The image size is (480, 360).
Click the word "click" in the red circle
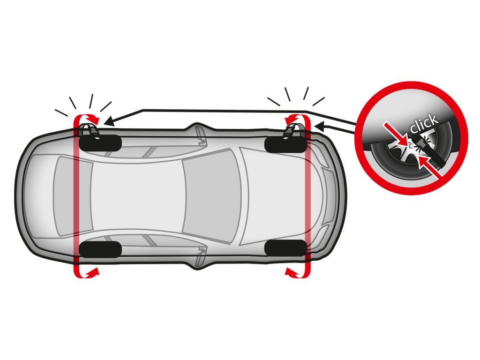(x=424, y=123)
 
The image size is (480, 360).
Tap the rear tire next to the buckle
(x=100, y=142)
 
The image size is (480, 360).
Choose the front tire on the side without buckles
(x=285, y=248)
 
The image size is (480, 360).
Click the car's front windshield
(x=211, y=196)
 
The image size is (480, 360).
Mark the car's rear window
(x=74, y=196)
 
